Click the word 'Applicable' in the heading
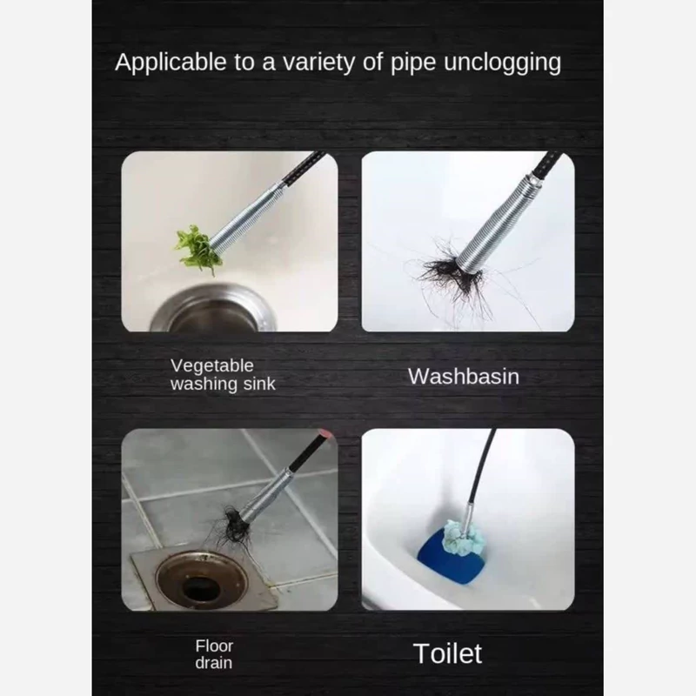click(x=171, y=63)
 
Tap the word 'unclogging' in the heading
click(x=502, y=63)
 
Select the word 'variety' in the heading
click(x=319, y=63)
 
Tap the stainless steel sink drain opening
click(x=213, y=311)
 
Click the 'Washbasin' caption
click(x=464, y=377)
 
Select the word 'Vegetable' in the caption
click(x=211, y=365)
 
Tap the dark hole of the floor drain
click(x=202, y=587)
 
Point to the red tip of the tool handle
click(x=325, y=433)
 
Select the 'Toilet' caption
click(x=447, y=653)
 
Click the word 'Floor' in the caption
click(x=214, y=646)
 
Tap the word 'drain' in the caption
click(x=213, y=663)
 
